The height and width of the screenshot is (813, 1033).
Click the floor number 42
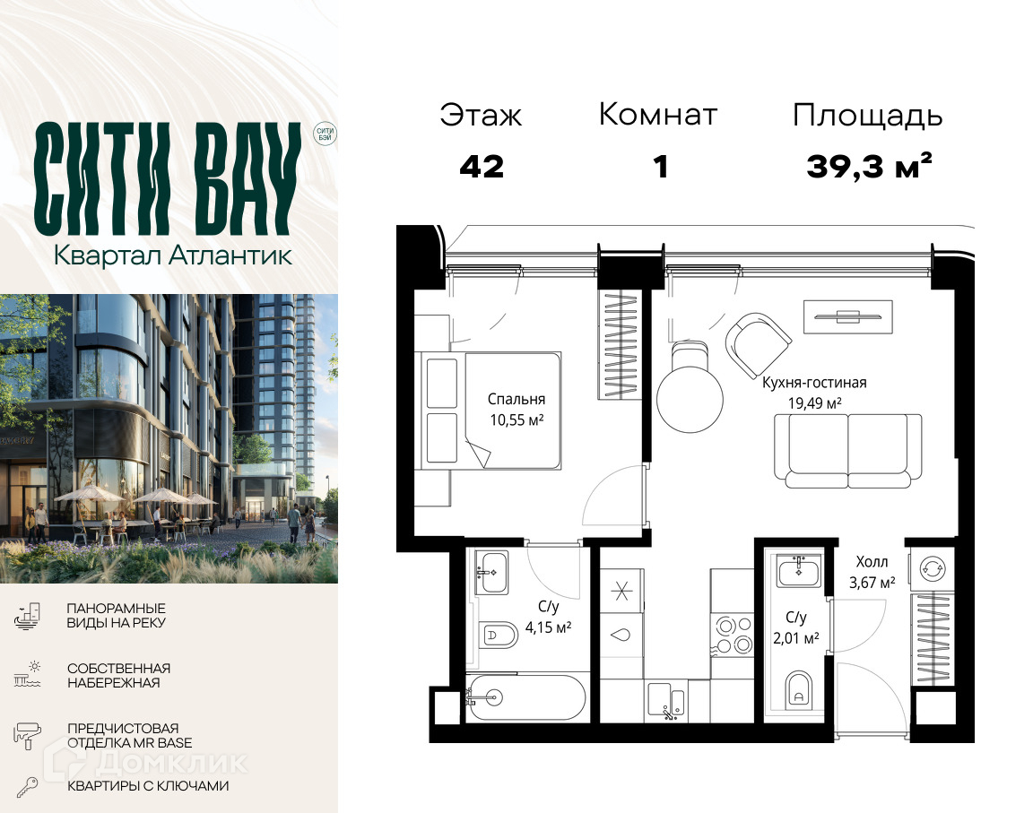(x=482, y=168)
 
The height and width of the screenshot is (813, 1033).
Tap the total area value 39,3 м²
(x=869, y=166)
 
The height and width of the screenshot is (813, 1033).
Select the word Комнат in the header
(x=657, y=115)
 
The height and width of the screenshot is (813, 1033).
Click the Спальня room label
(x=516, y=399)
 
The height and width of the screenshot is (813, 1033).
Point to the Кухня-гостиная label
(x=814, y=383)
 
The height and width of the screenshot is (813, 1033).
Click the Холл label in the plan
(x=872, y=561)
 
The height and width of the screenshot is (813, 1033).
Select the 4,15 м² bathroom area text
(x=548, y=627)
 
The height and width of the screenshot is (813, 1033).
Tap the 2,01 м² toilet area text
(x=796, y=637)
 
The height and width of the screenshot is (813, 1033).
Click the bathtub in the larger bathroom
(x=525, y=697)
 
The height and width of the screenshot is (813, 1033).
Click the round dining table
(x=690, y=399)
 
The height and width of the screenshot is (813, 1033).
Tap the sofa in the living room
(x=848, y=450)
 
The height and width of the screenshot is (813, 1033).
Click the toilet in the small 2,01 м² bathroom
(x=798, y=690)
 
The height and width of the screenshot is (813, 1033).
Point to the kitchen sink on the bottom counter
(x=667, y=700)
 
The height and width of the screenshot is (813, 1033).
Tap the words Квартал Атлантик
(x=172, y=255)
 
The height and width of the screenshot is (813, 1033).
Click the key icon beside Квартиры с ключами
(x=27, y=787)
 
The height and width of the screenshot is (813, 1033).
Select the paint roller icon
(x=28, y=735)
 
